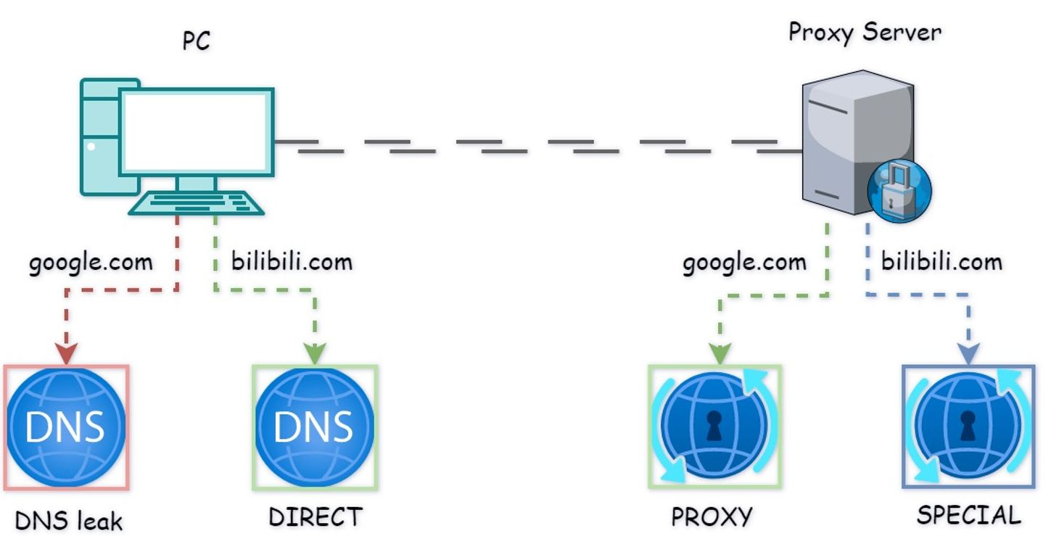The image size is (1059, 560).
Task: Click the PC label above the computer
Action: point(196,41)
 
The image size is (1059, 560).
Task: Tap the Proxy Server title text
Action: point(865,33)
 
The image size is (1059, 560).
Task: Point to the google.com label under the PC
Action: point(91,261)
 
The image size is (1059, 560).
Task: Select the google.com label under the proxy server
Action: point(744,261)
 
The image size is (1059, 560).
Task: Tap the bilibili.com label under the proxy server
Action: point(941,261)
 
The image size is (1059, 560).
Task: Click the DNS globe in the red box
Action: point(66,427)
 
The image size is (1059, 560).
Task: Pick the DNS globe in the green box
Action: point(314,427)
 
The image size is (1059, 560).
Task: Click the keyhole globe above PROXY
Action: point(714,427)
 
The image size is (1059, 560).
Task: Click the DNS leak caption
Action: point(69,520)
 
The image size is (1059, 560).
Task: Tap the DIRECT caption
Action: point(315,517)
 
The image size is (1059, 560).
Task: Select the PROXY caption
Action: point(712,517)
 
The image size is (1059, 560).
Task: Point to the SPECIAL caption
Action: point(968,515)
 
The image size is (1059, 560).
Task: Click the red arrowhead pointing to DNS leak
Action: point(66,355)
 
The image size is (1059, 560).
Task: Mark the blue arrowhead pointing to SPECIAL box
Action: point(968,355)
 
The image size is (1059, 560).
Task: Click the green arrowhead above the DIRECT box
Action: point(314,354)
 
